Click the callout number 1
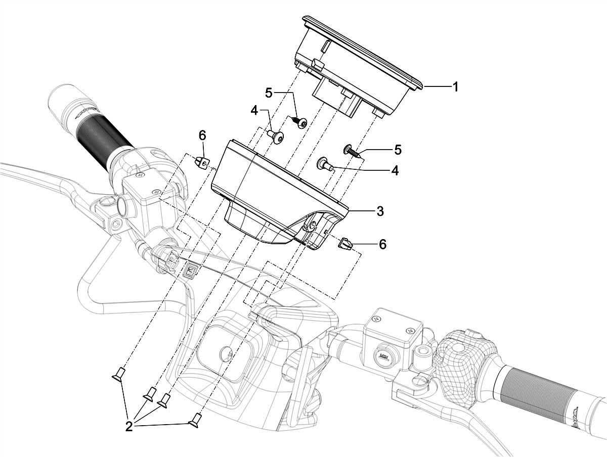tap(455, 87)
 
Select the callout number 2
tap(129, 426)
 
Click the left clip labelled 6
tap(201, 163)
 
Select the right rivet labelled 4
tap(324, 163)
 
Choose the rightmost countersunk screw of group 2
tap(196, 419)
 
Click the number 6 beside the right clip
tap(382, 245)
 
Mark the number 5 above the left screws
tap(269, 93)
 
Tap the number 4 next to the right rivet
tap(394, 171)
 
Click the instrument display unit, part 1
tap(362, 61)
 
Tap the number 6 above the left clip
tap(202, 135)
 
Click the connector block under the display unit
tap(336, 98)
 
